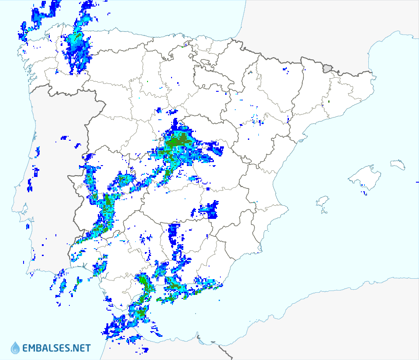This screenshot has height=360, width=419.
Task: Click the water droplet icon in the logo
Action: click(x=15, y=348)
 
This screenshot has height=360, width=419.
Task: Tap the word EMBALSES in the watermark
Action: click(x=48, y=348)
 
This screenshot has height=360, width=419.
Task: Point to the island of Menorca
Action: click(x=398, y=164)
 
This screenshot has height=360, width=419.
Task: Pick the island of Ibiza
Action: click(x=322, y=202)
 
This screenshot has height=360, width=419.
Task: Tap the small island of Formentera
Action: click(x=324, y=213)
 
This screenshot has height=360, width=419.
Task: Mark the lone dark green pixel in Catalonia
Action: click(x=329, y=102)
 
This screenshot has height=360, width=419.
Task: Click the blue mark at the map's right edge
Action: click(x=417, y=181)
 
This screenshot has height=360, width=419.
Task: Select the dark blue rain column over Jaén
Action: click(x=174, y=234)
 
